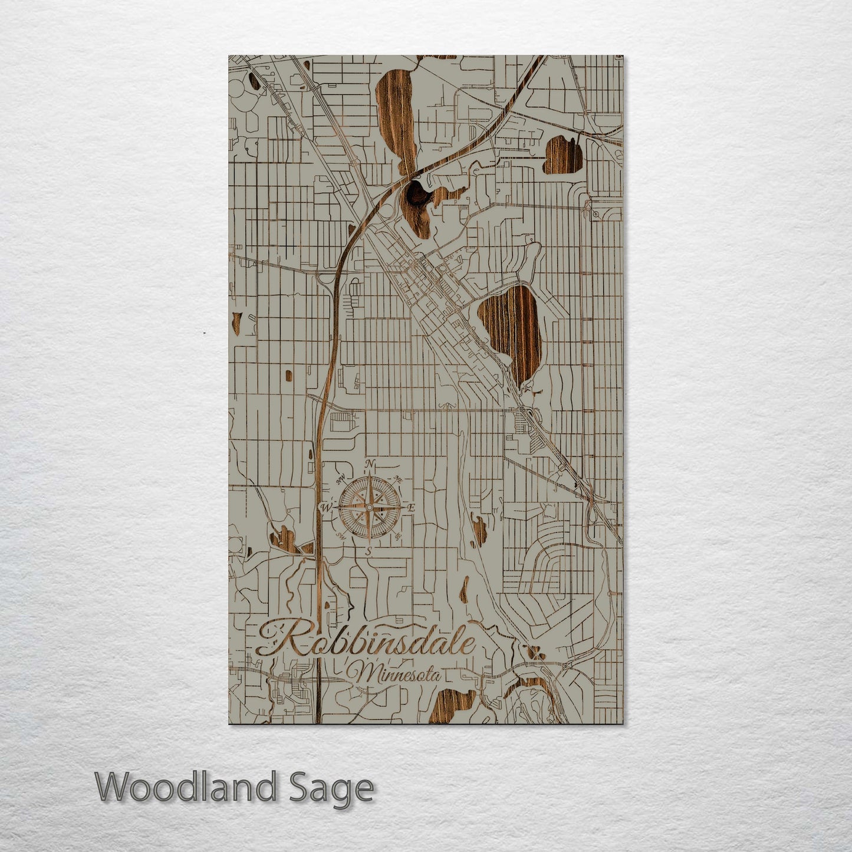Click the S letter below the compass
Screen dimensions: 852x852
[x=368, y=552]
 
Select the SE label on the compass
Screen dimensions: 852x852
[x=398, y=535]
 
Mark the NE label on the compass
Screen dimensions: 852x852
[x=398, y=479]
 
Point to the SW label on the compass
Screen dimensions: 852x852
[x=340, y=535]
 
